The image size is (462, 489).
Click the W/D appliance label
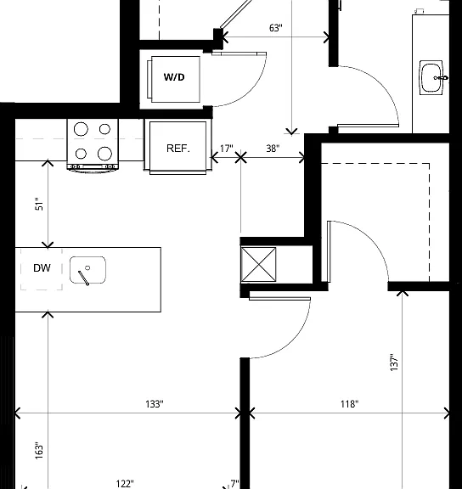click(174, 77)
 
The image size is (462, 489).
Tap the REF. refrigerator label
click(178, 149)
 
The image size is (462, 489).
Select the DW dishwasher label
click(42, 268)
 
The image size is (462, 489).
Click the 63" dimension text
click(276, 28)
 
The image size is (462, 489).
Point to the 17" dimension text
click(227, 149)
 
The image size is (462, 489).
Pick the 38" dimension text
click(273, 149)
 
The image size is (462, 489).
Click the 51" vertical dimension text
click(39, 204)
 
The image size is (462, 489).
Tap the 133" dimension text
click(155, 404)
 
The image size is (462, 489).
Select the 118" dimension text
click(349, 404)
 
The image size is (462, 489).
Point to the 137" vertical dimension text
click(394, 363)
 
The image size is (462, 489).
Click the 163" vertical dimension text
click(39, 450)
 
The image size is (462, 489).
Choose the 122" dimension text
click(125, 484)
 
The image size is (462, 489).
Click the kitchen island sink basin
click(87, 270)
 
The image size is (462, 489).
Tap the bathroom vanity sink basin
click(431, 77)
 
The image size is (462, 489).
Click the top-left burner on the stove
click(81, 128)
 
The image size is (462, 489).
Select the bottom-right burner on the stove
click(104, 154)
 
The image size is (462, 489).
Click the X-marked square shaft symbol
click(259, 265)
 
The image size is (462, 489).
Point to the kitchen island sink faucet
click(84, 277)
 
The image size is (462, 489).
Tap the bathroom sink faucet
click(441, 77)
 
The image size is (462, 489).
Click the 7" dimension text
click(234, 484)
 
